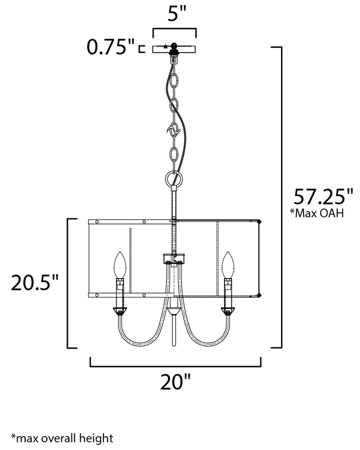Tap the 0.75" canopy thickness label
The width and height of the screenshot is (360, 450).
110,47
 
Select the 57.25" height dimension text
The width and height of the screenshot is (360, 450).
323,196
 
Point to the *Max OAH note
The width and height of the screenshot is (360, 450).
316,213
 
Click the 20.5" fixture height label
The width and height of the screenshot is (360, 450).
34,282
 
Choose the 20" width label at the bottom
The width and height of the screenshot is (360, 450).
175,381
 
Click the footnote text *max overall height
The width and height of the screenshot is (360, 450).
62,438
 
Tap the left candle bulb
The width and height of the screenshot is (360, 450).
120,264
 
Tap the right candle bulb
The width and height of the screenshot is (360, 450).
228,264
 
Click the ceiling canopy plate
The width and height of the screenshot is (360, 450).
174,49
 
